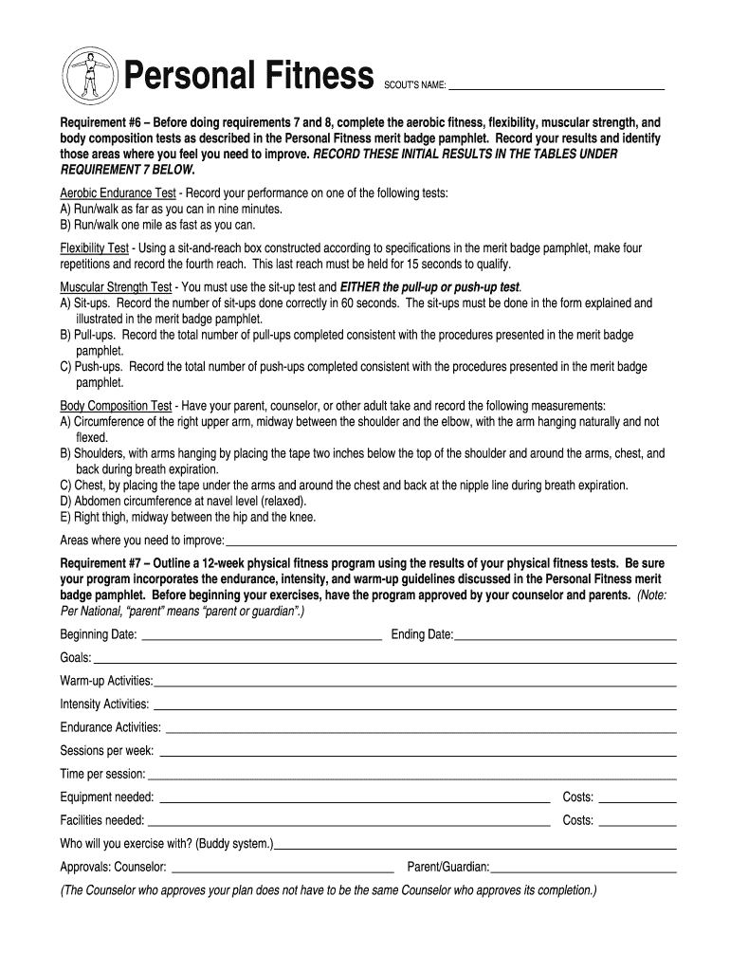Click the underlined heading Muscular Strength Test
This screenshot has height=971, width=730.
click(116, 287)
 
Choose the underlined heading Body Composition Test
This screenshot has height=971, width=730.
click(116, 406)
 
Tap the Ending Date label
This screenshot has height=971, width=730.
click(422, 634)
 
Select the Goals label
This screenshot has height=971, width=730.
click(76, 657)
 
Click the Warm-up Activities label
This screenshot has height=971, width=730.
click(106, 681)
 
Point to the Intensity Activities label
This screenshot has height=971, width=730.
click(104, 705)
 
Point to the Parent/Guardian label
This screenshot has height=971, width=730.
click(448, 867)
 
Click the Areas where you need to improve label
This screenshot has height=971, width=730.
click(142, 540)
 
